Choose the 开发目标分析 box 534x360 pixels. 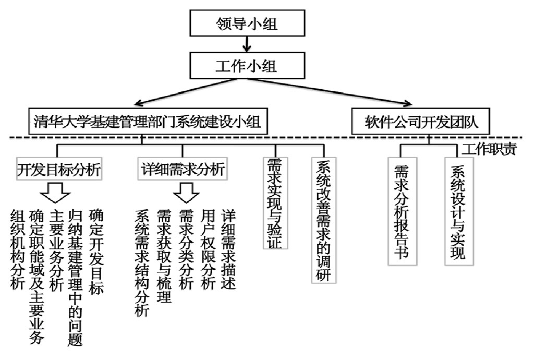coord(58,169)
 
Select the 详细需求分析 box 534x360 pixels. coord(183,169)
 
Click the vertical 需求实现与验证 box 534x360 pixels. coord(275,203)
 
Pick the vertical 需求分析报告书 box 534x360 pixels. coord(400,210)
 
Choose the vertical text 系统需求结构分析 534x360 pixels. coord(142,263)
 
